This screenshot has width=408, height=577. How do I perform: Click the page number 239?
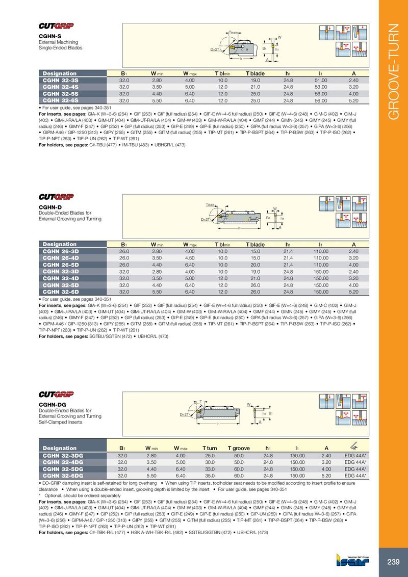point(393,562)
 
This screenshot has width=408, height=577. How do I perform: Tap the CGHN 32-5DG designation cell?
point(63,468)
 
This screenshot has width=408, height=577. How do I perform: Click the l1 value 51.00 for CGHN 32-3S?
point(320,81)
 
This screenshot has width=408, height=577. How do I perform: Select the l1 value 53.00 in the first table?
point(320,87)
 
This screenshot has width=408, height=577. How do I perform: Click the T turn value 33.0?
point(210,468)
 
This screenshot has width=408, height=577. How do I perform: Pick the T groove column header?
point(238,448)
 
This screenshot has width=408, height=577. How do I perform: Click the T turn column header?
point(210,448)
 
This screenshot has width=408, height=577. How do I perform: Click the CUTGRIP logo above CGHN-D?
point(56,197)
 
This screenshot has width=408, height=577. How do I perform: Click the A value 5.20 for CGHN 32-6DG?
point(326,475)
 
